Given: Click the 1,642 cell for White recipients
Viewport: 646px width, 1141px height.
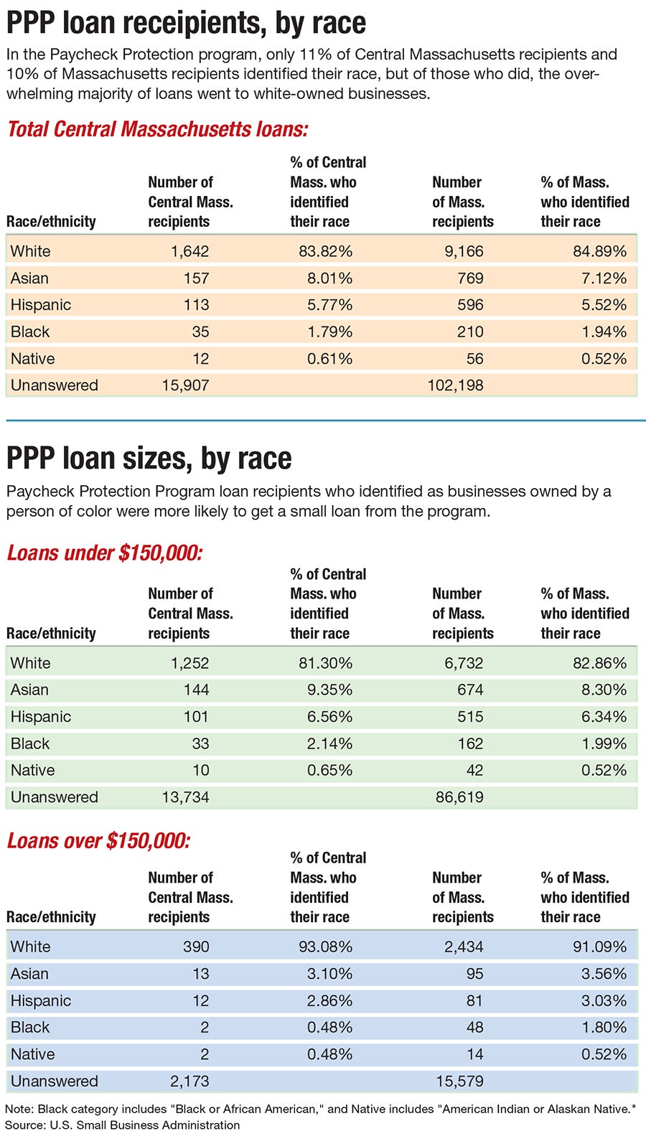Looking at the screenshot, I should coord(189,251).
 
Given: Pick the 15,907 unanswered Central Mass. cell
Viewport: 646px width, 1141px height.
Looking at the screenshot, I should coord(185,385).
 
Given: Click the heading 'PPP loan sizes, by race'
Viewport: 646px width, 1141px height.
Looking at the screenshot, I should coord(149,459).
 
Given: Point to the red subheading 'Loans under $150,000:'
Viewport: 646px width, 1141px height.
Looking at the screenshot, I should coord(105,553).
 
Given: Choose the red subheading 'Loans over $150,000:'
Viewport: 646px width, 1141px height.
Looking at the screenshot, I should coord(98,840).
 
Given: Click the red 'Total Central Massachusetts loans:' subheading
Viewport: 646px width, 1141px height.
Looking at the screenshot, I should coord(157,129).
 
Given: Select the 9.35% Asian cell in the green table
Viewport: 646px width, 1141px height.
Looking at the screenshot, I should coord(329,690).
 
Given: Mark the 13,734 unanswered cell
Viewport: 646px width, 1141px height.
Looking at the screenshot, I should coord(185,797).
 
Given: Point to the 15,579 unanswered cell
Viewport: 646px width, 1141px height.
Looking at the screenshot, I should coord(459,1081).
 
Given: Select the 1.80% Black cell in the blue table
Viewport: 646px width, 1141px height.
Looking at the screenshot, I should coord(604,1027).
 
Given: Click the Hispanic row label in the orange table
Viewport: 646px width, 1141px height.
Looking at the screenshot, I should coord(41,305).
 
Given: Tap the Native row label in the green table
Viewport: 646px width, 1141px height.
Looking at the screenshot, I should coord(33,770).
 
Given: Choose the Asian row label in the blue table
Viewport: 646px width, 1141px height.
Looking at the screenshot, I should coord(30,974).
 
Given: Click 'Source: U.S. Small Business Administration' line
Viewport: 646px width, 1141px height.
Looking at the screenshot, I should coord(123,1125).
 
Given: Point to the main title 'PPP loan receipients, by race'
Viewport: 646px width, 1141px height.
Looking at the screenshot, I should coord(187,23).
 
